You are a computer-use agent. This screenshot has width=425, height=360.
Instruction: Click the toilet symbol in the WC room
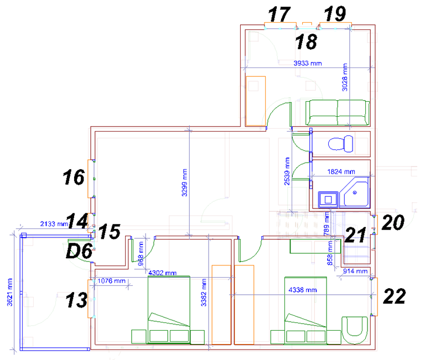[x=341, y=144]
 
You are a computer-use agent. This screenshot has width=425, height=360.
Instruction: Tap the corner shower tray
[x=355, y=193]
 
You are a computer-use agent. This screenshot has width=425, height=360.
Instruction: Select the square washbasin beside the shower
[x=328, y=200]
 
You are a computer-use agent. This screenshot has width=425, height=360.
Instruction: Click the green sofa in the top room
[x=338, y=113]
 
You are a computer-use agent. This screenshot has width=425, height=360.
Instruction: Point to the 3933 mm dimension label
[x=308, y=64]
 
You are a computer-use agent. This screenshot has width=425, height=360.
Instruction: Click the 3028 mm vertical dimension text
[x=345, y=77]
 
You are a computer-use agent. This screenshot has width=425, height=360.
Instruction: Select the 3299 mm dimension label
[x=184, y=182]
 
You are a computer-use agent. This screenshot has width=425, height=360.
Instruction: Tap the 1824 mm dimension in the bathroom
[x=341, y=172]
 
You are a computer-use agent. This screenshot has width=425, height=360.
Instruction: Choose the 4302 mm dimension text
[x=162, y=273]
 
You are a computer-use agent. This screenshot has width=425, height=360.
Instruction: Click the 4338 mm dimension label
[x=303, y=290]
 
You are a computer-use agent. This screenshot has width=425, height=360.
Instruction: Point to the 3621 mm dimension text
[x=10, y=293]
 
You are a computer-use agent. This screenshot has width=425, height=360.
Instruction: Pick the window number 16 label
[x=74, y=177]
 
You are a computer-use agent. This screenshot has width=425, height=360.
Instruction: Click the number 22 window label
[x=395, y=296]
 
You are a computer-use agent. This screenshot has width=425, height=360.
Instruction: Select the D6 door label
[x=80, y=251]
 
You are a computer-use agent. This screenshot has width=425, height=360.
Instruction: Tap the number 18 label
[x=306, y=41]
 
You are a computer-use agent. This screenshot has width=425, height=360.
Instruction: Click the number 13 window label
[x=77, y=300]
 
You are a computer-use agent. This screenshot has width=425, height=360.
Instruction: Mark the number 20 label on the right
[x=393, y=222]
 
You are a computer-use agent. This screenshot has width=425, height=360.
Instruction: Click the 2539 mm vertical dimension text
[x=287, y=171]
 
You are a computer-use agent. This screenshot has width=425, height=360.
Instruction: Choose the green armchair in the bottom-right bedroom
[x=355, y=330]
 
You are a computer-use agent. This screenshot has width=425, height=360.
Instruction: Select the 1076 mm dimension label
[x=111, y=281]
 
